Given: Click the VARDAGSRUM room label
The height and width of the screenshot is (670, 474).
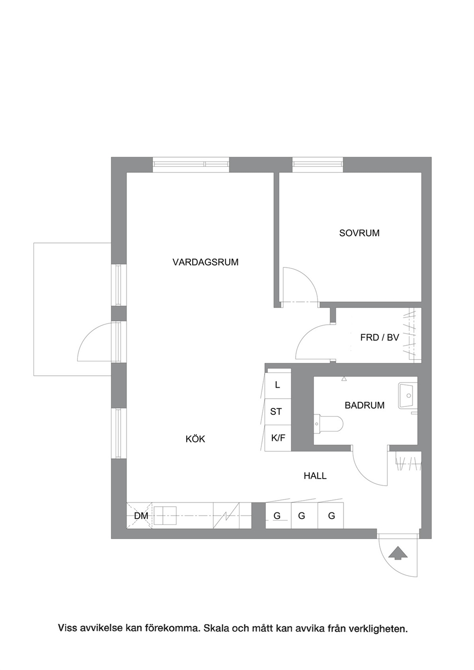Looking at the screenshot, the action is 205,262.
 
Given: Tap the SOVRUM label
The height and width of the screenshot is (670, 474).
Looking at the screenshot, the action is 359,233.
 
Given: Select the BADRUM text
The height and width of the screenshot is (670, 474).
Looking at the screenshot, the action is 365,405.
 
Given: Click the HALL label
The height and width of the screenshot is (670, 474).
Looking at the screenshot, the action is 315,475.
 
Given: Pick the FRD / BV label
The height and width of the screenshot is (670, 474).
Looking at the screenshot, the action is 379,338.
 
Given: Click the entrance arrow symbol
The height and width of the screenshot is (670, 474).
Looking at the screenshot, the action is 398,553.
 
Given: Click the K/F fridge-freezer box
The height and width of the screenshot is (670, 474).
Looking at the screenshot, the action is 278,438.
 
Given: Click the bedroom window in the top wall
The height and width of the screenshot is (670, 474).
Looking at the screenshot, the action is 318,164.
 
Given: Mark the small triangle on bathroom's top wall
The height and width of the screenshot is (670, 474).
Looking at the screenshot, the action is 344,379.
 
